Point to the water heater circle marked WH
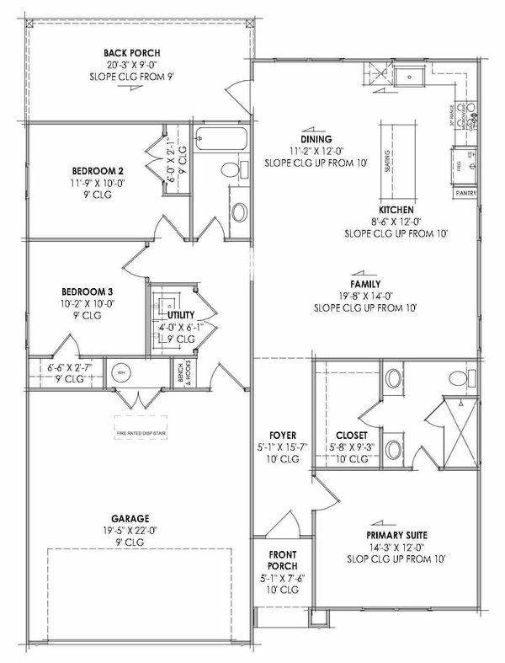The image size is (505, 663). pyautogui.click(x=120, y=372)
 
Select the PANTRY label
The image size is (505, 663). pyautogui.click(x=465, y=193)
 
